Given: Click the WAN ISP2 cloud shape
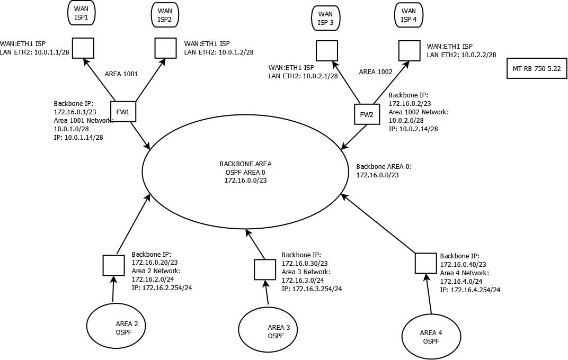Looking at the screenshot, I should [165, 15].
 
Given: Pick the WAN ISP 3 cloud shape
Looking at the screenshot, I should [325, 19].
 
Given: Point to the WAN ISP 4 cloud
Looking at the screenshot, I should [409, 15].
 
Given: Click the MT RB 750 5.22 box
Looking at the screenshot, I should [537, 68].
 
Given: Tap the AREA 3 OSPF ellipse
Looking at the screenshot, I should [268, 331].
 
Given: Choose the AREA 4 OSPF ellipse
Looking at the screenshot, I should [431, 336].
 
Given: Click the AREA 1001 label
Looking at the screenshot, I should [121, 74].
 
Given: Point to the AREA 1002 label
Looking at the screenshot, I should [376, 71].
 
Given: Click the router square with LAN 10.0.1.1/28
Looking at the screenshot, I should [83, 48].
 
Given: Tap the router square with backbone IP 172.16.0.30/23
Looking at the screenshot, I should [264, 269].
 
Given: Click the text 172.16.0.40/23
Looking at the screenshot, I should [463, 264].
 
